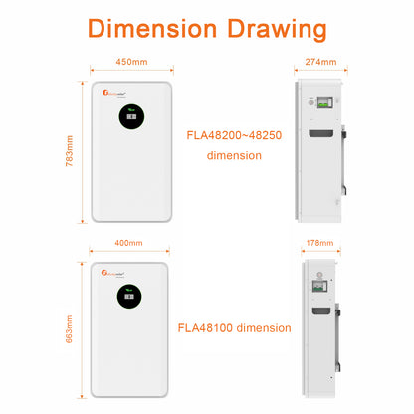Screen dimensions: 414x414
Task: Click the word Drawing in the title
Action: click(274, 29)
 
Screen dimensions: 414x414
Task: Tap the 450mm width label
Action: click(132, 61)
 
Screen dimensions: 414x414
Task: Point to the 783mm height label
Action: click(69, 151)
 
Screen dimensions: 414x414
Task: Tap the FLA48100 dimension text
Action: click(249, 326)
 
